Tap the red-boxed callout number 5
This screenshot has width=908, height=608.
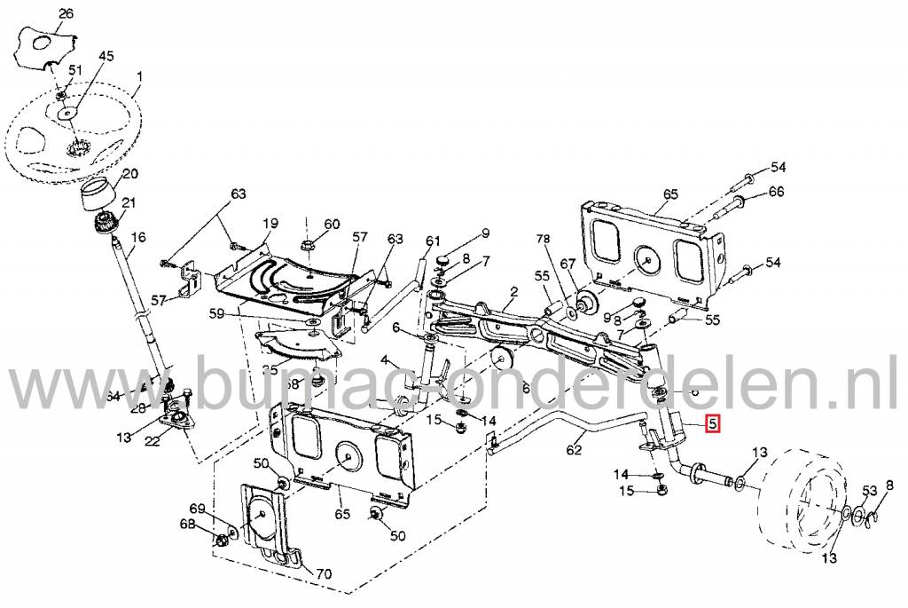714,423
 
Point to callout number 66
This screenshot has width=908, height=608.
776,192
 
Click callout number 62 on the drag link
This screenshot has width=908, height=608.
575,451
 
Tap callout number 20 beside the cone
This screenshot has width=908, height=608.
130,174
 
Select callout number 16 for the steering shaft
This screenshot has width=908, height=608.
137,237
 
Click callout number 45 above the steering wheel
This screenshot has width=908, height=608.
106,56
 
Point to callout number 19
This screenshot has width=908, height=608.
270,223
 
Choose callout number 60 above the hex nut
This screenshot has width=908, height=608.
332,225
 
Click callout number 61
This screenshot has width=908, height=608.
433,241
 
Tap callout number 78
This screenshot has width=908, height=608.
543,241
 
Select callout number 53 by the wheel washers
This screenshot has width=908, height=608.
869,491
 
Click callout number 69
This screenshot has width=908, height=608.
197,509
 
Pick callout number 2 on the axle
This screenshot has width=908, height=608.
513,292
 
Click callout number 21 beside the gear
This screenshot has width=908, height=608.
130,203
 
